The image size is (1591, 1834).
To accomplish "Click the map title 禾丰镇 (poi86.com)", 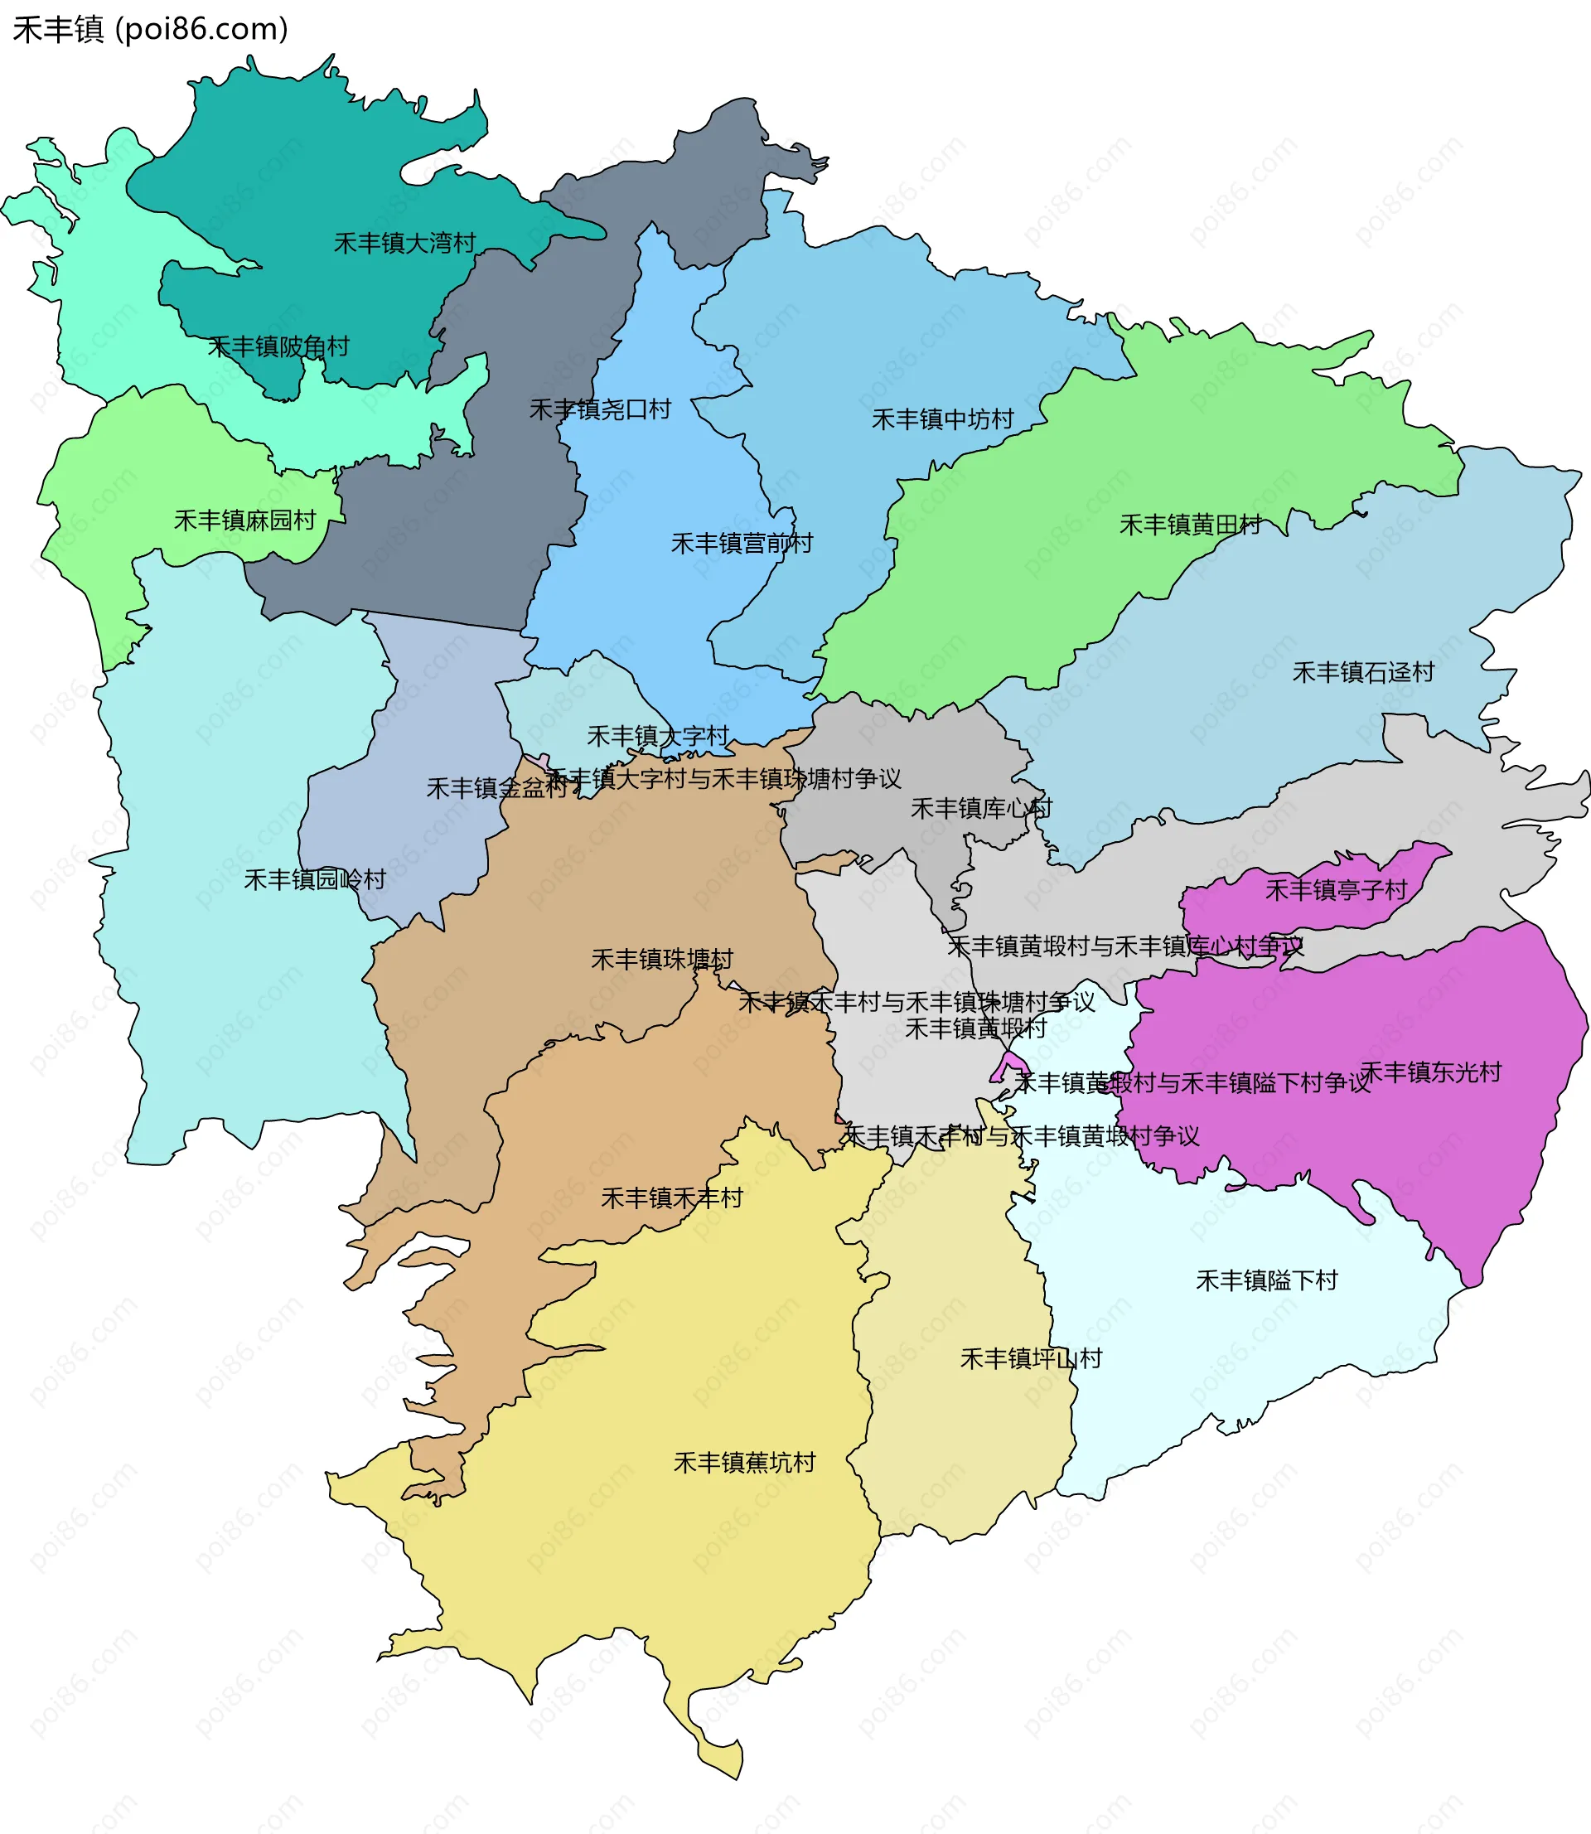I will (x=150, y=29).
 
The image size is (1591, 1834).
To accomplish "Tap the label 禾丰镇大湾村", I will (x=405, y=242).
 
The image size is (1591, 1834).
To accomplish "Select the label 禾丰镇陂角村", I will (x=278, y=346).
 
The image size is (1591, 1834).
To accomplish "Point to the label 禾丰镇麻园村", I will (x=245, y=520).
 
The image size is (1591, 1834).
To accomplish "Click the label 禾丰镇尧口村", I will (x=600, y=409).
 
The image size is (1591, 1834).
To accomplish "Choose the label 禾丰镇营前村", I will (x=742, y=544).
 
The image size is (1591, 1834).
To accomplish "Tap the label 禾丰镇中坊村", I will (x=943, y=419).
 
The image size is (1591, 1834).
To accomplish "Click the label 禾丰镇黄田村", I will (x=1191, y=525).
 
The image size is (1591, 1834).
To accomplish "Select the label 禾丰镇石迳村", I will (x=1364, y=672).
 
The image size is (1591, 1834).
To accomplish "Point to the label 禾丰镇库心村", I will (x=982, y=809).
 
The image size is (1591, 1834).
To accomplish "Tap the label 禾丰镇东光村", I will (x=1431, y=1072).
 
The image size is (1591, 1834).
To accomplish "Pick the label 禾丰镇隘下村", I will (x=1267, y=1280).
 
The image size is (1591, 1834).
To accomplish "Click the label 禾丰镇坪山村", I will (x=1032, y=1358).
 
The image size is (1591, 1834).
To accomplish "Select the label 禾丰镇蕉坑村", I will (x=745, y=1462).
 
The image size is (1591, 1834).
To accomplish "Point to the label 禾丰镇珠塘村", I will (x=662, y=960).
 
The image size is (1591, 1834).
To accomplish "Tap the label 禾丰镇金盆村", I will (x=497, y=788).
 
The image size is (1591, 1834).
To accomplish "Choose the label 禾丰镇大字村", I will (x=658, y=736).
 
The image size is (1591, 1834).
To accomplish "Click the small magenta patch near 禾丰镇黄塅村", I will (x=1008, y=1067).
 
